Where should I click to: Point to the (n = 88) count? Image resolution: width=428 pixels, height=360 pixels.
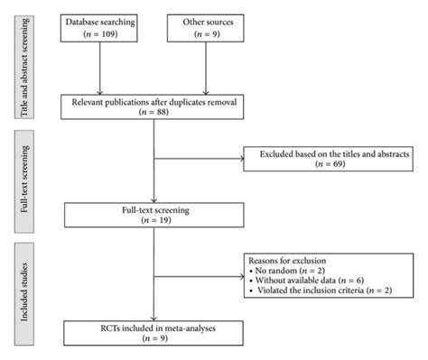(x=155, y=114)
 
